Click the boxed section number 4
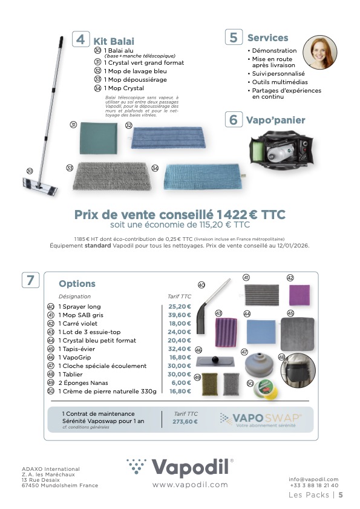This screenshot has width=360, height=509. pyautogui.click(x=80, y=39)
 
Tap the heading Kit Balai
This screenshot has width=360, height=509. pyautogui.click(x=114, y=41)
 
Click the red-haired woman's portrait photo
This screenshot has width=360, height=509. pyautogui.click(x=319, y=52)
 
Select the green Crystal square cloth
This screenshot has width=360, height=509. pyautogui.click(x=99, y=138)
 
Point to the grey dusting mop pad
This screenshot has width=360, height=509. pyautogui.click(x=112, y=176)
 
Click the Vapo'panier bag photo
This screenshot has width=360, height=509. pyautogui.click(x=281, y=148)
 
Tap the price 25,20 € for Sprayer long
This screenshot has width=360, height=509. pyautogui.click(x=180, y=306)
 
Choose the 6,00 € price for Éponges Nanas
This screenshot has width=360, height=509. pyautogui.click(x=181, y=383)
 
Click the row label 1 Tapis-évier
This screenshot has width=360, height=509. pyautogui.click(x=77, y=349)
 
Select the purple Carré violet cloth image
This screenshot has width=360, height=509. pyautogui.click(x=299, y=295)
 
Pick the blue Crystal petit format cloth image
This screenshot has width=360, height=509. pyautogui.click(x=261, y=332)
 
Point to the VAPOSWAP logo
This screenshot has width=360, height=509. pyautogui.click(x=261, y=419)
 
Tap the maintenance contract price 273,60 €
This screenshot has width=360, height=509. pyautogui.click(x=185, y=422)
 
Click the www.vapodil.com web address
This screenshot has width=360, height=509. pyautogui.click(x=190, y=485)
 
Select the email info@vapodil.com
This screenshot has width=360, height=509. pyautogui.click(x=313, y=479)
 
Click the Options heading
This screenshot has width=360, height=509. pyautogui.click(x=77, y=283)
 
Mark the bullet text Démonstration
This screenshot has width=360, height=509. pyautogui.click(x=274, y=51)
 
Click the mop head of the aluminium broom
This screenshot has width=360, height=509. pyautogui.click(x=39, y=186)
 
